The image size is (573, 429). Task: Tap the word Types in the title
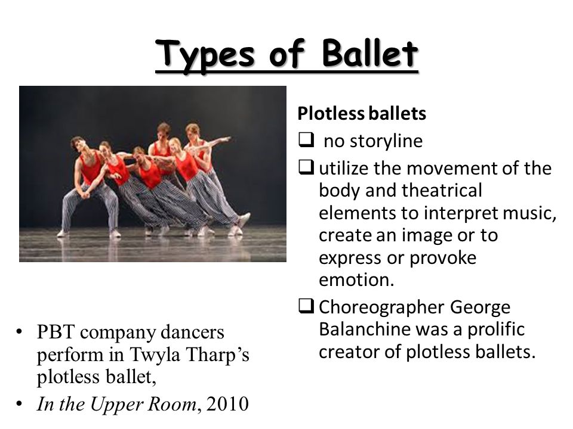(x=205, y=55)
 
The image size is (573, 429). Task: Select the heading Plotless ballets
(x=362, y=113)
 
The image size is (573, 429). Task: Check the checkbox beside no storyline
(x=306, y=140)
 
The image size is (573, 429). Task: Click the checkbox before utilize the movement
(x=306, y=167)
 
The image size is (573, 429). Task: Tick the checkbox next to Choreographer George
(x=306, y=306)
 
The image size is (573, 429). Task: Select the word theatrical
(x=442, y=191)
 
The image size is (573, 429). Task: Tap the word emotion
(x=357, y=280)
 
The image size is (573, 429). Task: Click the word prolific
(x=496, y=329)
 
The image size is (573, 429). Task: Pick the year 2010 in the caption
(x=227, y=404)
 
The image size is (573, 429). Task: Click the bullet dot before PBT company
(x=19, y=332)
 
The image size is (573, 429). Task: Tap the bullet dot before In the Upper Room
(x=19, y=404)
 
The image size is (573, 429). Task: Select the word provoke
(x=442, y=259)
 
